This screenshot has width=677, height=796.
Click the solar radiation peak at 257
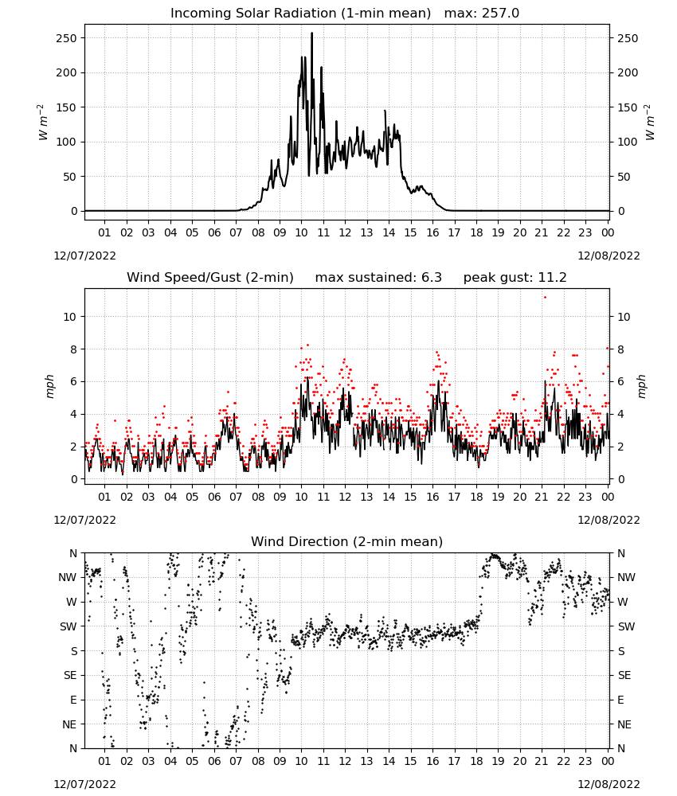312,33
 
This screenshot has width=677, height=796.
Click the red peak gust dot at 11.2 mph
545,297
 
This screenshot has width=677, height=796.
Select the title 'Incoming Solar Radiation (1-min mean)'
300,14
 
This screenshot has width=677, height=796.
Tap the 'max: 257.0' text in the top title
482,14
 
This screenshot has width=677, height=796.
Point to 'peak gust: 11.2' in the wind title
515,278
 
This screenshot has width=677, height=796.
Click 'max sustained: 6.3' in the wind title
378,278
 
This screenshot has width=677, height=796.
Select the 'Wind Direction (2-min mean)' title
347,541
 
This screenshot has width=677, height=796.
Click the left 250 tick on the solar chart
67,38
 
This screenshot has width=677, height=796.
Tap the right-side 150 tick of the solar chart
628,107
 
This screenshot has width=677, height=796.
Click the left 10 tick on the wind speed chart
70,317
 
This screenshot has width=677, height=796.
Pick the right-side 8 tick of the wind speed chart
620,349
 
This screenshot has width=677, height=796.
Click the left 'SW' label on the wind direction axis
68,626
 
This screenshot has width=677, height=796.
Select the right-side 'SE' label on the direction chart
624,675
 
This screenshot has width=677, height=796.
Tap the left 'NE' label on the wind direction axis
69,724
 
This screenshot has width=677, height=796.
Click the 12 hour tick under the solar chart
345,232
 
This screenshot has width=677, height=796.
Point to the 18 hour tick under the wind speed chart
476,497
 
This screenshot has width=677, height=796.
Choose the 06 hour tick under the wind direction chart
214,761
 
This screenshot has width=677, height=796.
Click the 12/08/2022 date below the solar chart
609,256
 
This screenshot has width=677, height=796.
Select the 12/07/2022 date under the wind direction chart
84,784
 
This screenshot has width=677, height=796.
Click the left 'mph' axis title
49,386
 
